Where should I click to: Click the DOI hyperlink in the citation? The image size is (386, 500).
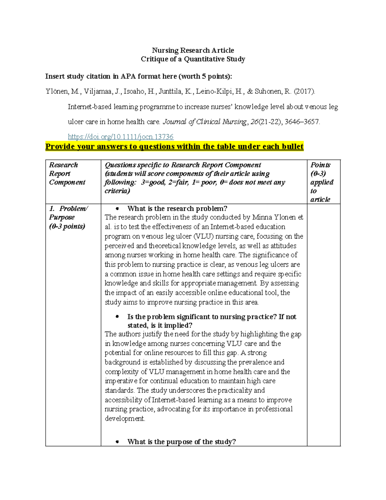pyautogui.click(x=121, y=137)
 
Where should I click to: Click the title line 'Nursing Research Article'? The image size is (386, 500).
pyautogui.click(x=193, y=50)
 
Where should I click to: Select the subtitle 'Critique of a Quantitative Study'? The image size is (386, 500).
pyautogui.click(x=193, y=59)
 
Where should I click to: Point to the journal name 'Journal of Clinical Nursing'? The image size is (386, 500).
pyautogui.click(x=205, y=122)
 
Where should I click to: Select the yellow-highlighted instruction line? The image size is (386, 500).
pyautogui.click(x=174, y=146)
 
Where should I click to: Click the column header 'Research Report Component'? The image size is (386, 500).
pyautogui.click(x=67, y=174)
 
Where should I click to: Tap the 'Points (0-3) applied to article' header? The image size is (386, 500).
pyautogui.click(x=322, y=182)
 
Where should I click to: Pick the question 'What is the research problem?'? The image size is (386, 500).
pyautogui.click(x=177, y=208)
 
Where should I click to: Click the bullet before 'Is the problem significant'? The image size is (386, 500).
pyautogui.click(x=117, y=317)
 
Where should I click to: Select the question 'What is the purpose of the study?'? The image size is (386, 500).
pyautogui.click(x=181, y=442)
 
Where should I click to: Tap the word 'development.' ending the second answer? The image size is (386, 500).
pyautogui.click(x=125, y=419)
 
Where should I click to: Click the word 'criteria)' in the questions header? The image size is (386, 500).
pyautogui.click(x=117, y=191)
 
